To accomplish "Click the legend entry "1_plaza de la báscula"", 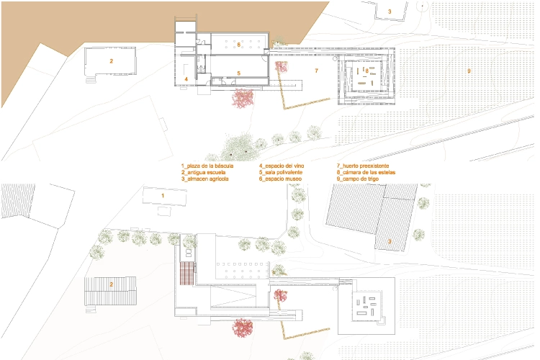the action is (207, 166).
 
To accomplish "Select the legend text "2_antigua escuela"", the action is (204, 172).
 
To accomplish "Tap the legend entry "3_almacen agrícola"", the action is (205, 179).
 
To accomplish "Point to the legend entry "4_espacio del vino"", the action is (282, 166).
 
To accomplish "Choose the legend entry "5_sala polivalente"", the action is (281, 172).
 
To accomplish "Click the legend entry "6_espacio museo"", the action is (280, 179).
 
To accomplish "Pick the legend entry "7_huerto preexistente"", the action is (363, 166).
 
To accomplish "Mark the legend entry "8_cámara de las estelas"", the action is (366, 172).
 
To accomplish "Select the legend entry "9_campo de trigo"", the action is (357, 179).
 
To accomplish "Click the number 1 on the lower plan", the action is (163, 196).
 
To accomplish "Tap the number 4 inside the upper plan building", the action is (186, 79).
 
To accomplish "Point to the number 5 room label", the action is (238, 73).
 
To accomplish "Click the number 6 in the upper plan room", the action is (238, 45).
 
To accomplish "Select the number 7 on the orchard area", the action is (317, 71).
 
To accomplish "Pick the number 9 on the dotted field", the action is (469, 71).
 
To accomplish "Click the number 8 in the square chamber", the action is (367, 71).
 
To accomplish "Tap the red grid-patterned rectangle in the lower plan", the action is (187, 273).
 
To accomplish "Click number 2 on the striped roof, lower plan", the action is (111, 284).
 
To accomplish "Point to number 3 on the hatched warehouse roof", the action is (390, 241).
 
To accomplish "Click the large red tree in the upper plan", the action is (243, 98).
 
